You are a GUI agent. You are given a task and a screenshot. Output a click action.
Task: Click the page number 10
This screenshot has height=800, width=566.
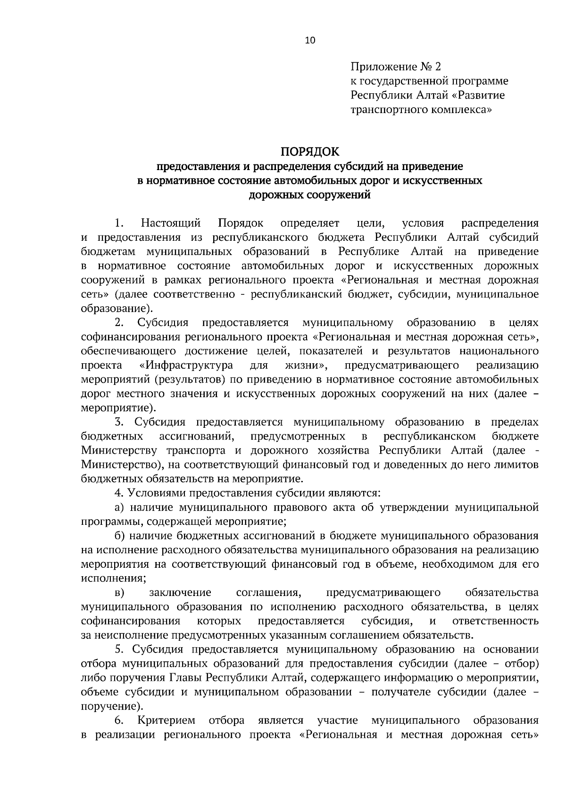tap(310, 41)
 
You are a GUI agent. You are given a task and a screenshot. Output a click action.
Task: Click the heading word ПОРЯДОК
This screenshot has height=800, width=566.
tap(310, 152)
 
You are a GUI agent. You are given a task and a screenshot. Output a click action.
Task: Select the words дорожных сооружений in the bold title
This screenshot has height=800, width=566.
tap(309, 195)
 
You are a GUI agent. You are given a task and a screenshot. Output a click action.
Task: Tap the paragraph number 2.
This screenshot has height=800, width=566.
tap(119, 323)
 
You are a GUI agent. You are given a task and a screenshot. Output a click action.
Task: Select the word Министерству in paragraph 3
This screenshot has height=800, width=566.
tap(119, 450)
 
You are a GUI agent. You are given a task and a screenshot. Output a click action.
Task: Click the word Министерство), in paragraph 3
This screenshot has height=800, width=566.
tap(123, 465)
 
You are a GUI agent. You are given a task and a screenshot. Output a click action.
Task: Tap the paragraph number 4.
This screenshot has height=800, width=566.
tap(119, 493)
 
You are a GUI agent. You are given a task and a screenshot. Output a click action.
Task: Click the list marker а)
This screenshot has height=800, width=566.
tap(120, 507)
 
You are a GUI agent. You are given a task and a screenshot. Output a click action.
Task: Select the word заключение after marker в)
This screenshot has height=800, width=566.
tap(180, 592)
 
